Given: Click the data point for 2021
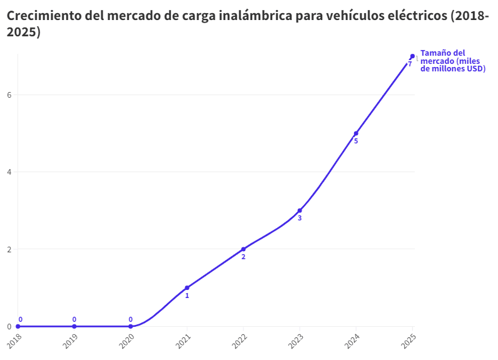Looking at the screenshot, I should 187,288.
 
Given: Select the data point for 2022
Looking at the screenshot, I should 243,249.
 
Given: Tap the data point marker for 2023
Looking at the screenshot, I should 300,211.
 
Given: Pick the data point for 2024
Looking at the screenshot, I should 356,133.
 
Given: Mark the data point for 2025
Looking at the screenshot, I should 412,56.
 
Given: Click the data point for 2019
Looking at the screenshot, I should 74,326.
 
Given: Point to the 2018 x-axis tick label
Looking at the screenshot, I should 14,341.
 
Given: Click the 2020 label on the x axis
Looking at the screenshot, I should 126,341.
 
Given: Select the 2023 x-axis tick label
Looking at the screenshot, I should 295,341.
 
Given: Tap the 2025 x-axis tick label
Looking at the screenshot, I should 408,341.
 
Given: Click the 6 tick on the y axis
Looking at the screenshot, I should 9,95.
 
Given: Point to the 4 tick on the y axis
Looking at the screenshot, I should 9,172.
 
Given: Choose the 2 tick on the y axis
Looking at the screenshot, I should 9,249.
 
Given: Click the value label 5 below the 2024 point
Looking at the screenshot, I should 356,141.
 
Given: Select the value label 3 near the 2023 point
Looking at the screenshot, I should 300,219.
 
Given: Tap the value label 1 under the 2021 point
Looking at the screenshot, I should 187,296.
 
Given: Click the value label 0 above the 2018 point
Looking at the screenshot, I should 20,319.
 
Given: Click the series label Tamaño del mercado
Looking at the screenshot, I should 452,61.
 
